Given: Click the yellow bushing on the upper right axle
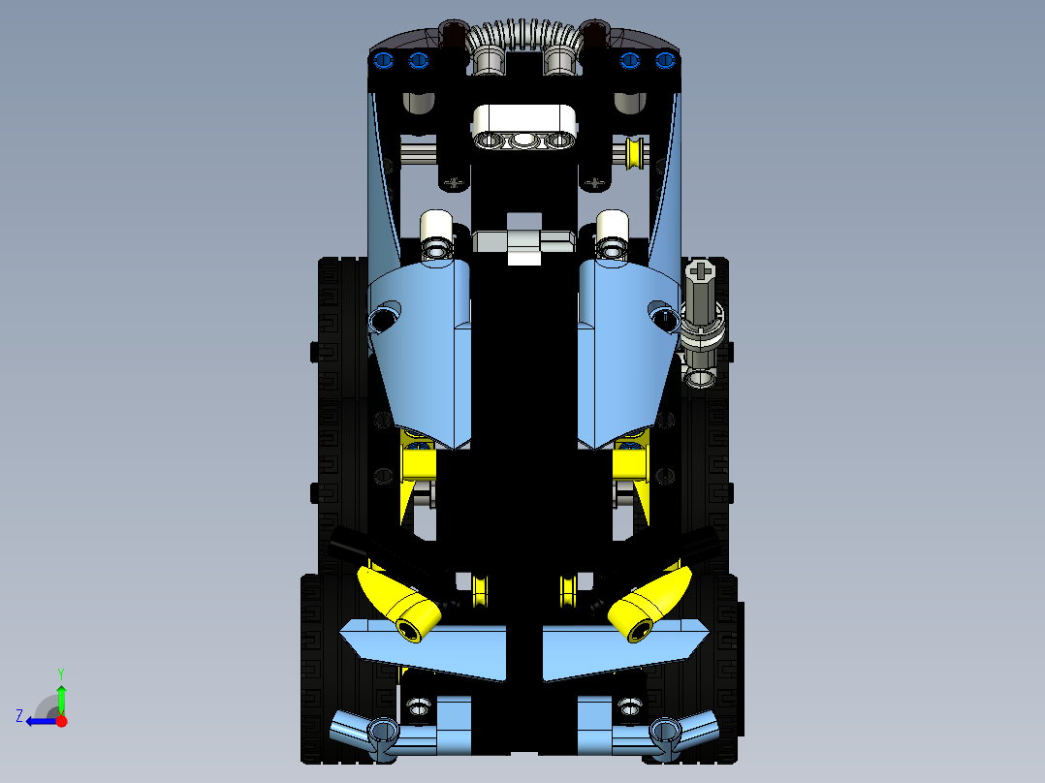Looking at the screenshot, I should click(x=635, y=152).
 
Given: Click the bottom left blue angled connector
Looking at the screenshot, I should click(x=364, y=732).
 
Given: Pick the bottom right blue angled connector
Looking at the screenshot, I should click(x=683, y=732).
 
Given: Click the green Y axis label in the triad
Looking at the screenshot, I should click(x=60, y=673).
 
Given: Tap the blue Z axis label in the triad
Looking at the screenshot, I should click(x=19, y=716).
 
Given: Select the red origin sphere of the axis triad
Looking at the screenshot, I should click(x=61, y=721).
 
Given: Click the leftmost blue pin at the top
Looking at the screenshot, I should click(x=383, y=61).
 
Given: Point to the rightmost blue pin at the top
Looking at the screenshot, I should click(x=664, y=61).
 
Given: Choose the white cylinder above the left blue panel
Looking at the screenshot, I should click(x=436, y=231).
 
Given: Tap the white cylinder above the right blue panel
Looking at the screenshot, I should click(x=612, y=231).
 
